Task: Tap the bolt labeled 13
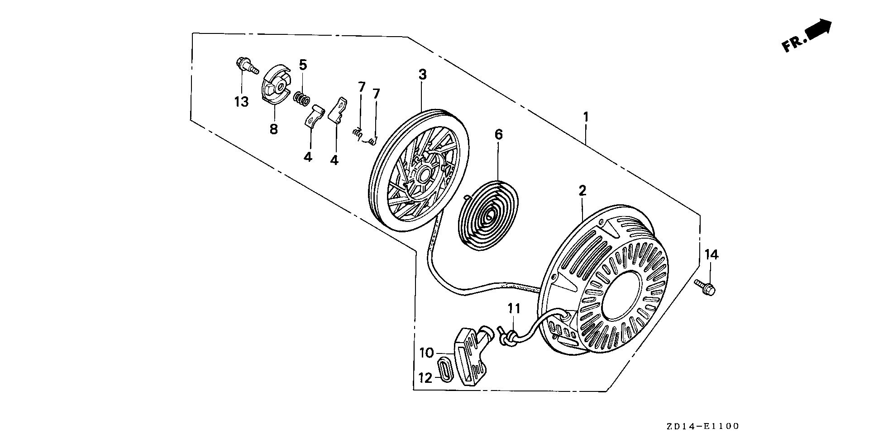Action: point(245,66)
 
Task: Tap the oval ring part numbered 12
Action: point(445,368)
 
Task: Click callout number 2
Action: point(583,190)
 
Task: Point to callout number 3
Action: point(422,75)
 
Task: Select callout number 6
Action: point(498,134)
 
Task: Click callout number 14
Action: point(711,255)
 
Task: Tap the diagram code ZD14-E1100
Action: point(702,426)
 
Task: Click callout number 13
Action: point(241,102)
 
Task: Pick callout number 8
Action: point(273,129)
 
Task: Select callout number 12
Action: point(425,378)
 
